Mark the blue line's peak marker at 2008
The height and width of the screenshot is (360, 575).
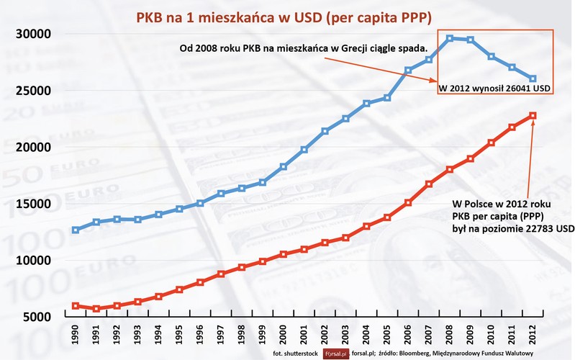[450, 38]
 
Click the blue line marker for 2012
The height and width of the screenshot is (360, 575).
[533, 78]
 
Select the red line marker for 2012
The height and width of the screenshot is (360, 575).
[533, 115]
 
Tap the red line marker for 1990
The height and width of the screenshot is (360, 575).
[76, 306]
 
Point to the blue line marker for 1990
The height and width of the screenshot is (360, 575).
[76, 230]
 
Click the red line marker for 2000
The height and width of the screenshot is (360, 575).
[284, 254]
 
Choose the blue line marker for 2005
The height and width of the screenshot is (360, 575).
[387, 97]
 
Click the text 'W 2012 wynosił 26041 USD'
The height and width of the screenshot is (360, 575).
[494, 89]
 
